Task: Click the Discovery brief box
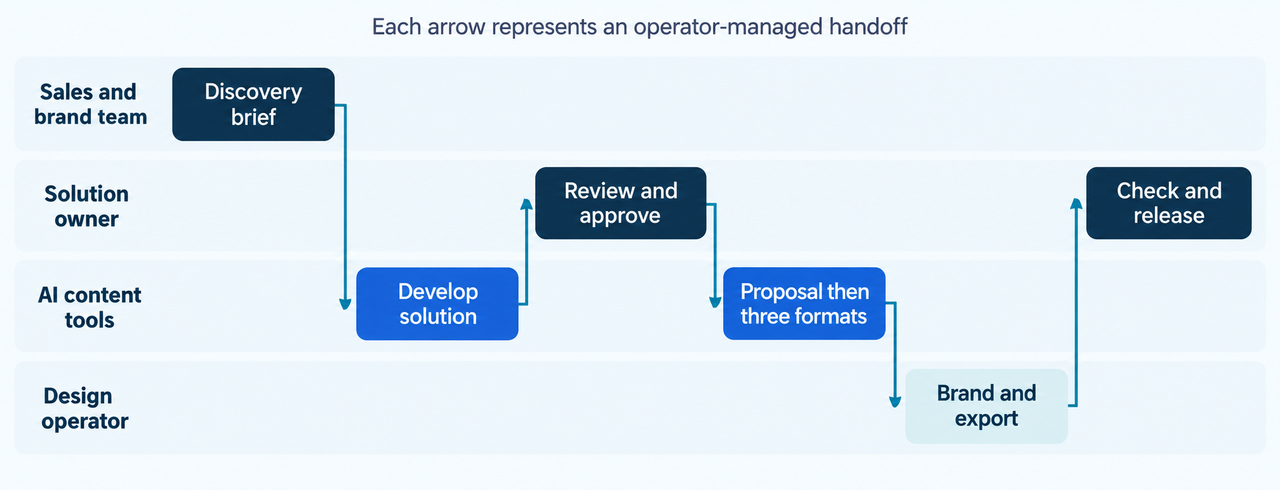coord(253,104)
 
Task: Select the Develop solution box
coord(437,304)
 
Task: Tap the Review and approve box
coord(621,203)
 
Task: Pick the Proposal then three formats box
coord(804,304)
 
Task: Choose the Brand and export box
coord(986,406)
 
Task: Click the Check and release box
coord(1169,203)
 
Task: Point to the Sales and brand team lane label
coord(90,104)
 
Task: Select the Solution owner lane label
coord(87,206)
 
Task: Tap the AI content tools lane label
coord(89,307)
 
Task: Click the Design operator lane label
coord(85,408)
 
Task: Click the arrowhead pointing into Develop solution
coord(345,304)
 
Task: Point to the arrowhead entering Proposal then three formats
coord(715,302)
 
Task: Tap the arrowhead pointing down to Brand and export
coord(895,401)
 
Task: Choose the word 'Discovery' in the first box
coord(253,92)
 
